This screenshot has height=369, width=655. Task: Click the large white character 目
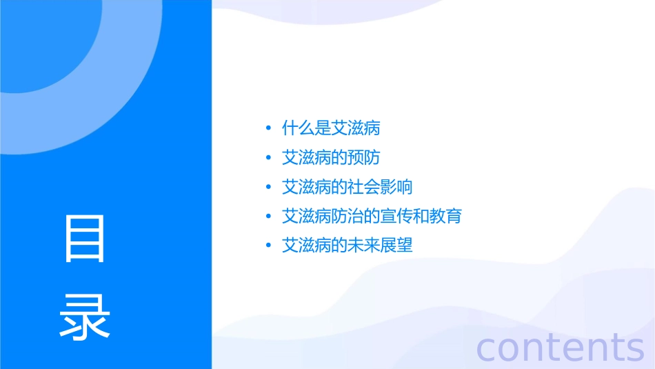[x=85, y=238]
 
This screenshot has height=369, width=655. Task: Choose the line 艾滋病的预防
[x=331, y=158]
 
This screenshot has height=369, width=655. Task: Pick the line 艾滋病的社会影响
[x=347, y=187]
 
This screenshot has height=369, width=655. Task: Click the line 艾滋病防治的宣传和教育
[x=372, y=216]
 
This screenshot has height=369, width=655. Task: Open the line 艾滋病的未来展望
[x=347, y=245]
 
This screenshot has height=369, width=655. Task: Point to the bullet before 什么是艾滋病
[x=268, y=128]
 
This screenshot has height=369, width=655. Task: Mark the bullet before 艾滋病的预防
[x=268, y=158]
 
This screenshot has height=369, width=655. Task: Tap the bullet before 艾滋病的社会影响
[x=268, y=187]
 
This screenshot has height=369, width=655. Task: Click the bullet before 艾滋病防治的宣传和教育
[x=268, y=216]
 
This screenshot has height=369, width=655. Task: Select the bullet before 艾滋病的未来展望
[x=268, y=245]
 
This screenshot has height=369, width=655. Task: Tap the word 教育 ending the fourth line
[x=445, y=216]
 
